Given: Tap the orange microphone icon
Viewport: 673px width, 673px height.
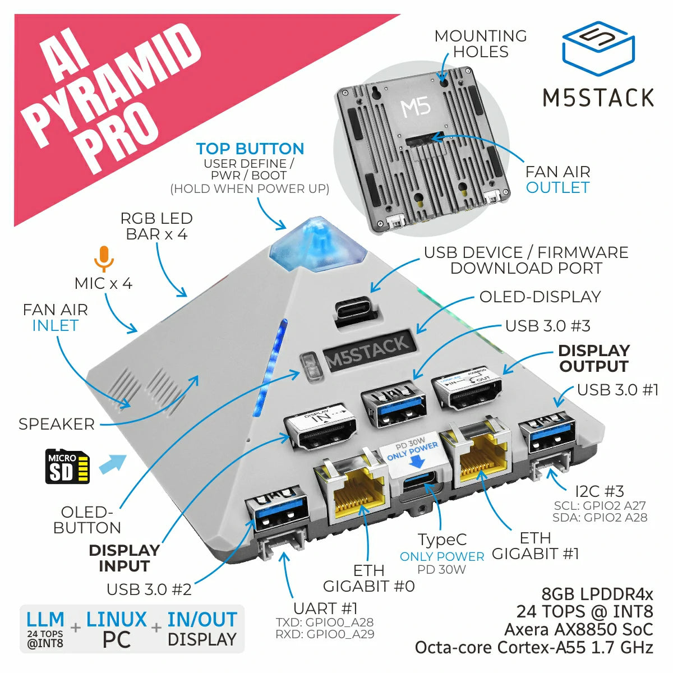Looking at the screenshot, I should [103, 259].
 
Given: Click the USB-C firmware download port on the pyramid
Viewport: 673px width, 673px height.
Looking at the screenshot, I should [354, 310].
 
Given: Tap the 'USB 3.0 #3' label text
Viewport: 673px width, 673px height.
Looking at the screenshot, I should [547, 326].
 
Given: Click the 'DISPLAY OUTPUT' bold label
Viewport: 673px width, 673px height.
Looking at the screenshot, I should [593, 358].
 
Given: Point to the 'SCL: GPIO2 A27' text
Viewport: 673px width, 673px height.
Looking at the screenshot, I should [600, 505].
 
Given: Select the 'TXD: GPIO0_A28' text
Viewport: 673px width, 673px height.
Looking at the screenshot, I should [324, 623].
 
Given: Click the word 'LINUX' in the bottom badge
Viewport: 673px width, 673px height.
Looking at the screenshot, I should [116, 620].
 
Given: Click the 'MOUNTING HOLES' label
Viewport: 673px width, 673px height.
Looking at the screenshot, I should [481, 44].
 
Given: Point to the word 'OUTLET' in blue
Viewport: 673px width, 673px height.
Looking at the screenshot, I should [557, 187].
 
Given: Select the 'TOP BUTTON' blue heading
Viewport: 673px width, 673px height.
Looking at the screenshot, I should [250, 149].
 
